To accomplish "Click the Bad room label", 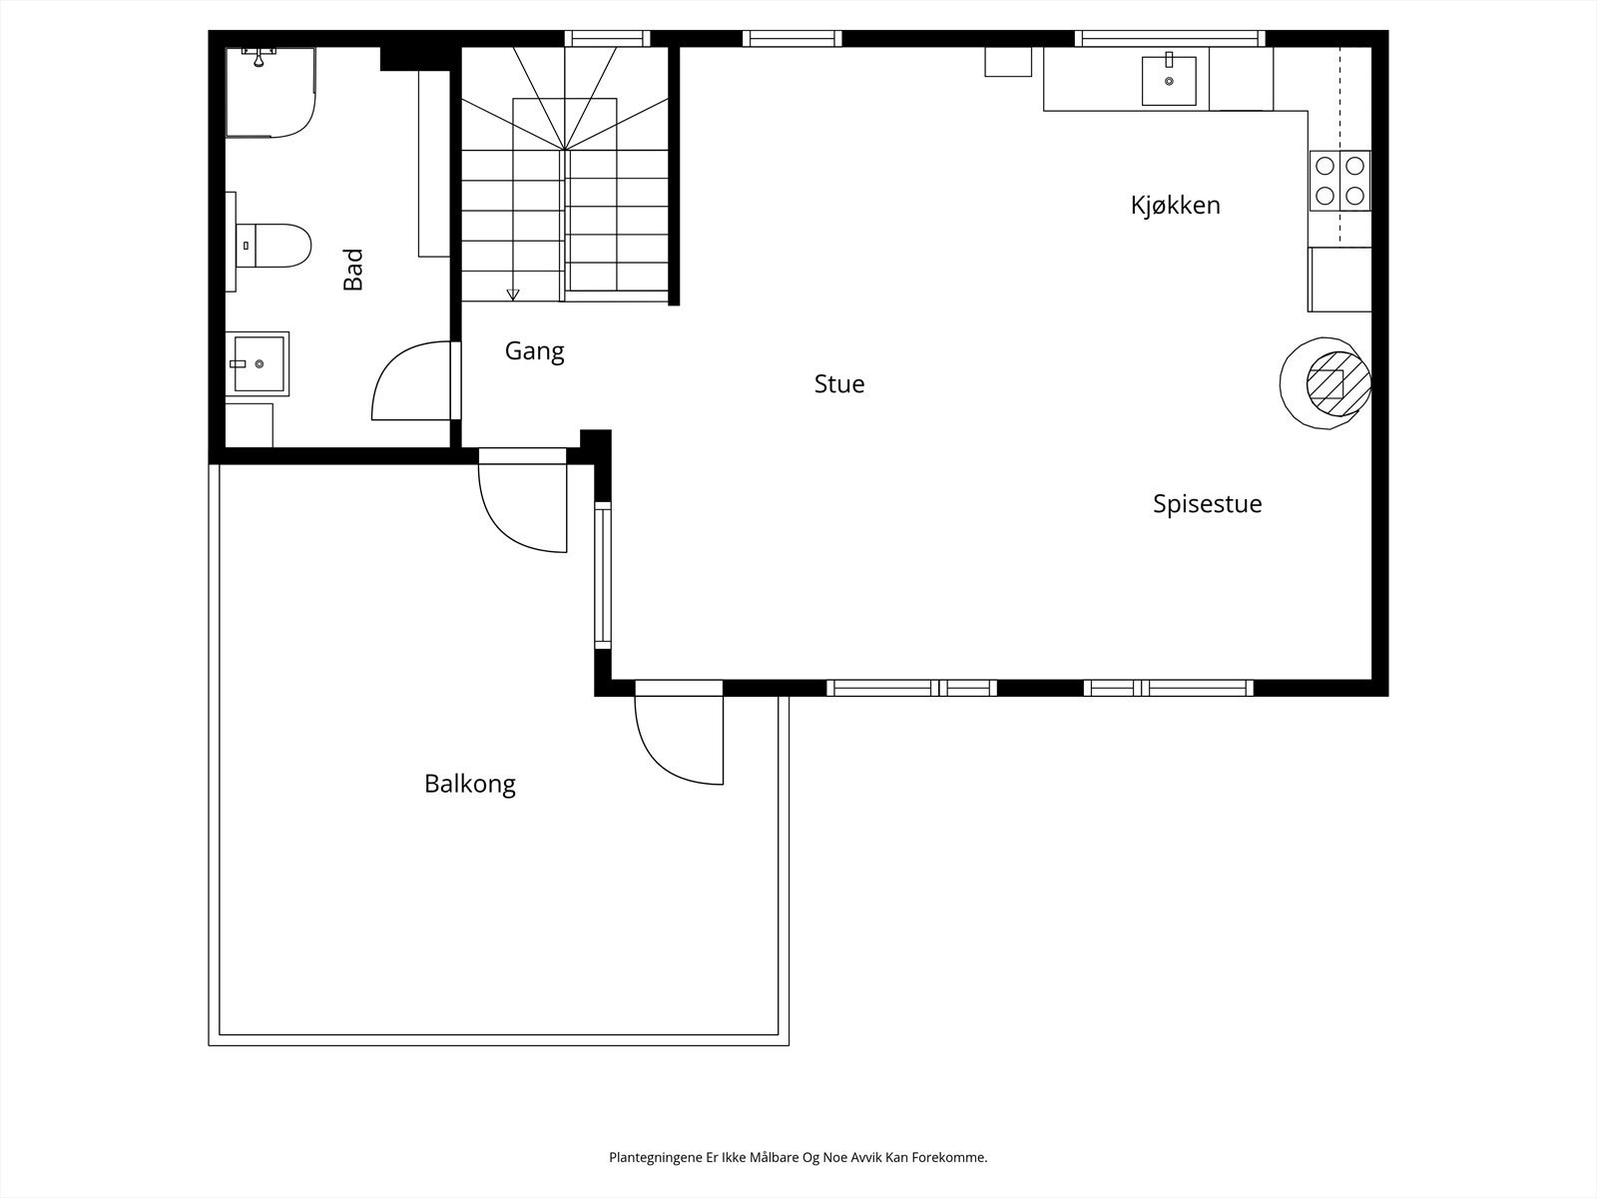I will click(353, 270).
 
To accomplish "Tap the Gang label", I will click(534, 351).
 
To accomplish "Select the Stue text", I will click(838, 384).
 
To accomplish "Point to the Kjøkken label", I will click(1175, 206).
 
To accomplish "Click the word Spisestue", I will click(1207, 504).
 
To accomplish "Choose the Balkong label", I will click(469, 784).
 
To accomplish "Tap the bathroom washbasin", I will click(258, 364).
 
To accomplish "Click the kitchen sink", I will click(1169, 80).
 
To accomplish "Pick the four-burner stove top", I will click(1339, 181).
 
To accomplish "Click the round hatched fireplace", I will click(1328, 382).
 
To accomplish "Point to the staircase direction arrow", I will click(513, 294).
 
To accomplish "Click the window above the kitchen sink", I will click(1170, 39).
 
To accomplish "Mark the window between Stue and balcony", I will click(602, 575).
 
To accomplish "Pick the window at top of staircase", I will click(607, 39).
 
